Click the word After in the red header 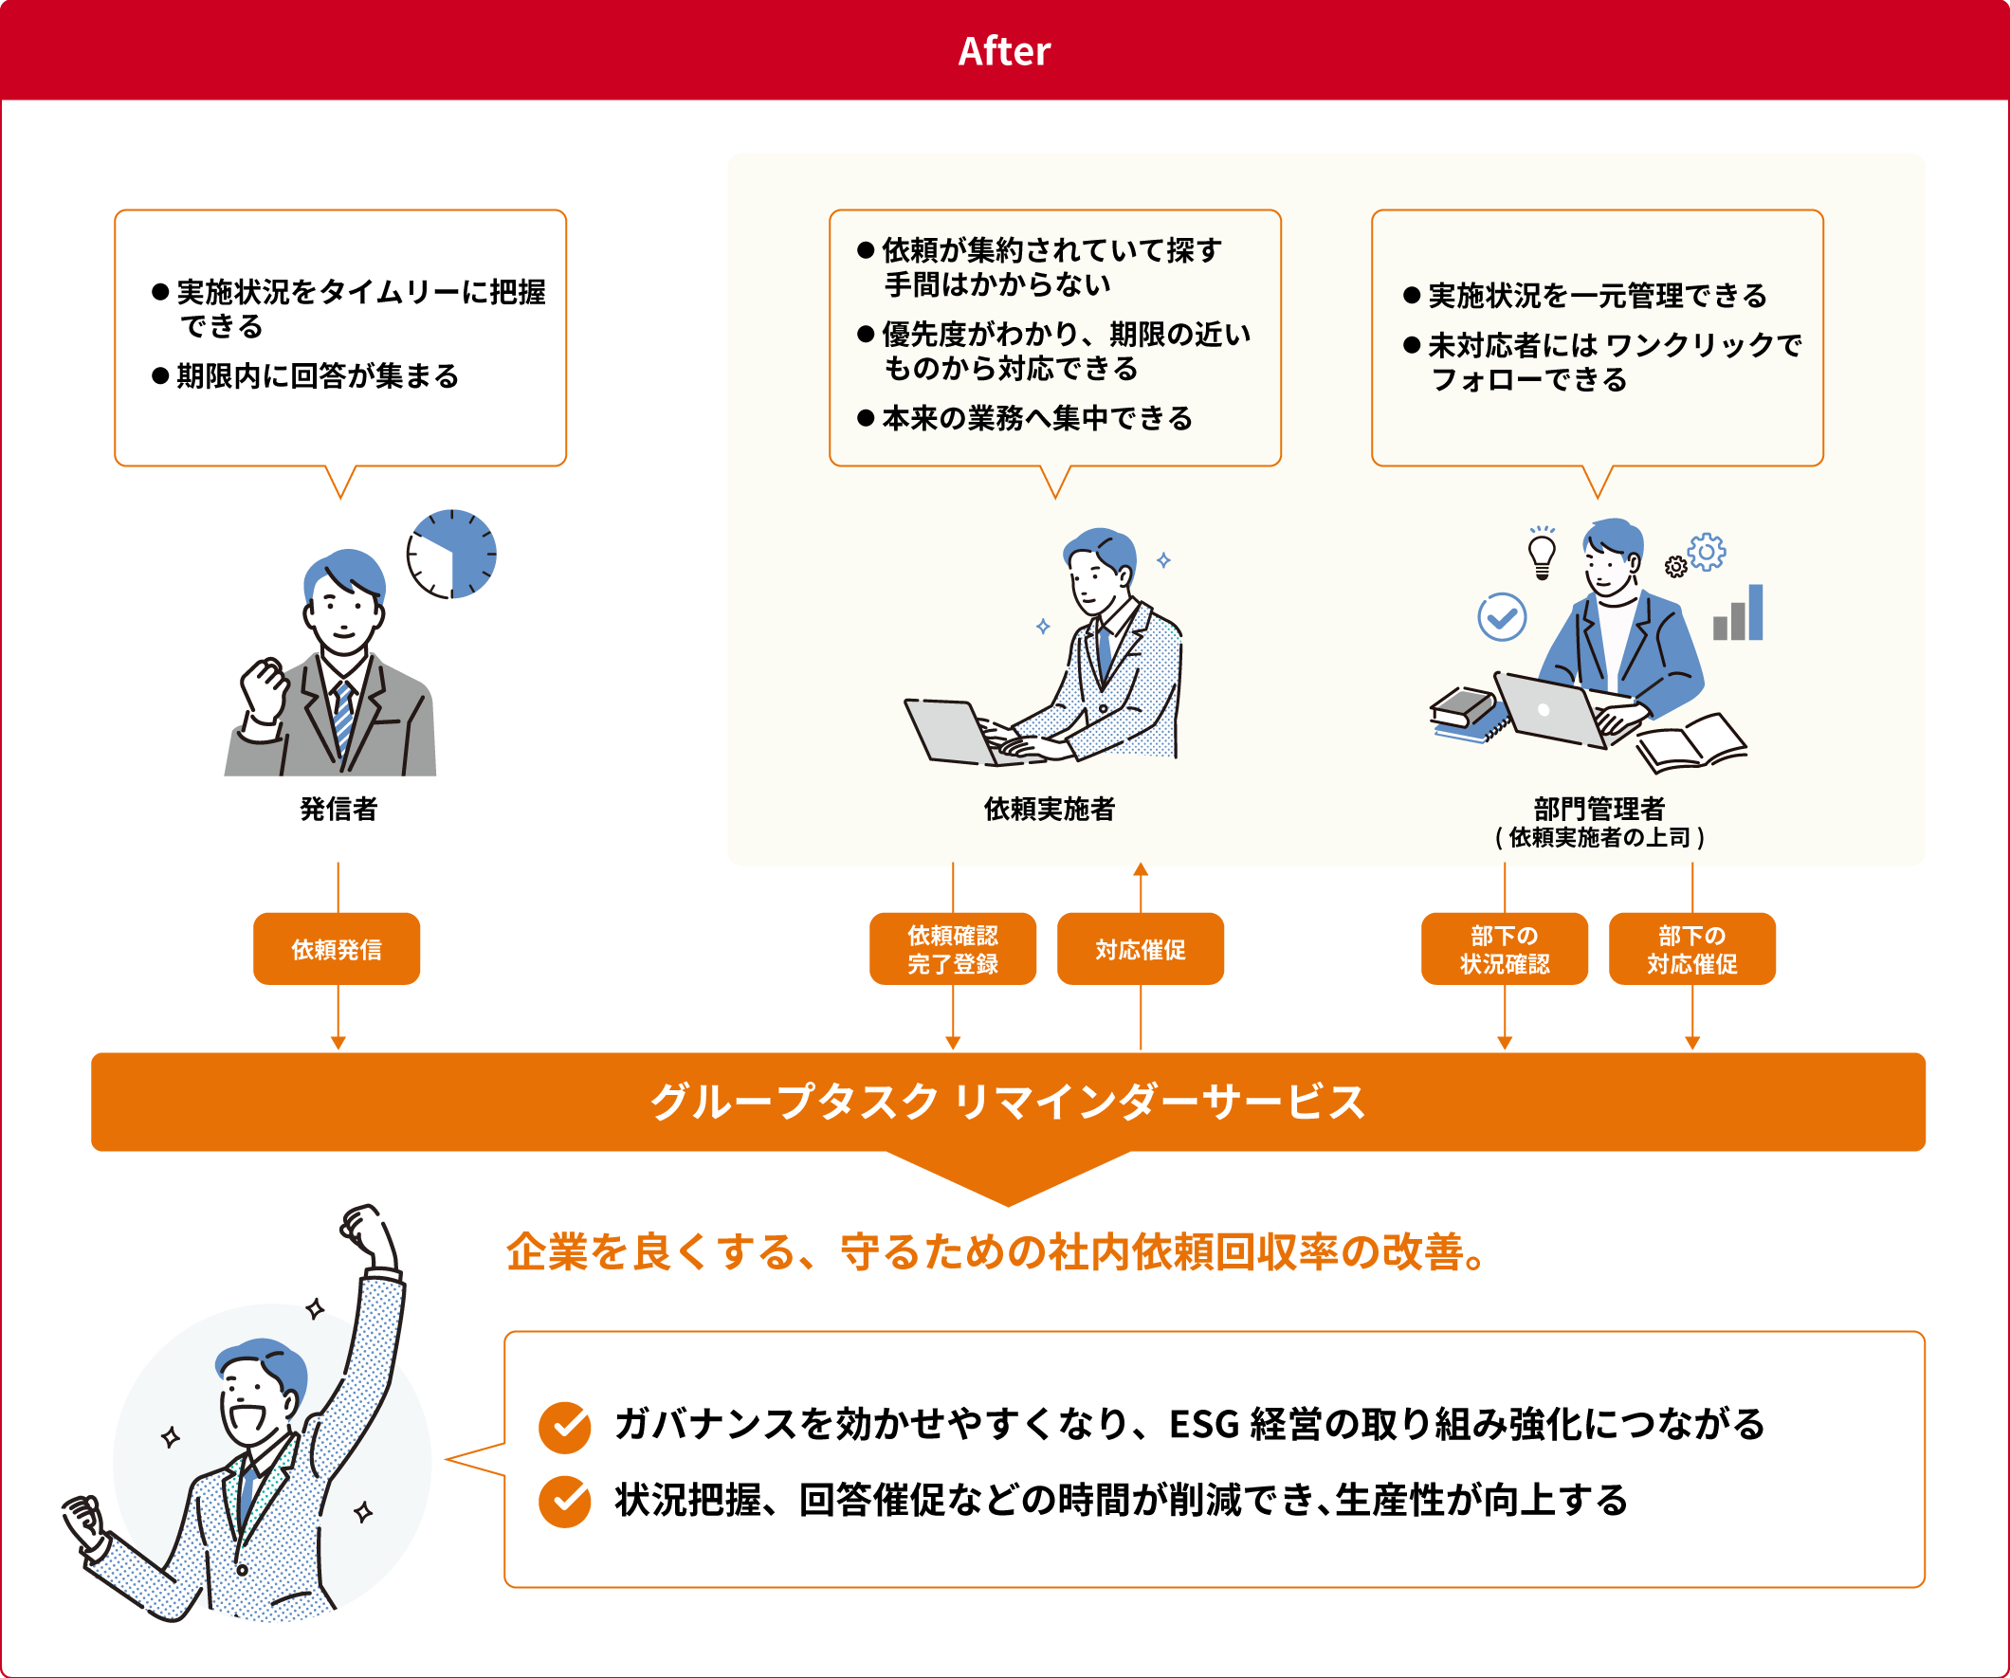tap(1004, 51)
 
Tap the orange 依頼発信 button tap(337, 949)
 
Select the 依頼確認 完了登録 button tap(952, 949)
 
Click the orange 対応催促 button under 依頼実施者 tap(1140, 949)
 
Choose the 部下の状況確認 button tap(1505, 949)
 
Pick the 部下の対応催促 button tap(1692, 949)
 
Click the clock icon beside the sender tap(451, 555)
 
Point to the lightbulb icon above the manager tap(1542, 554)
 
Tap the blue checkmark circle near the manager tap(1502, 617)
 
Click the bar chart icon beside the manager tap(1738, 612)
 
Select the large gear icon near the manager tap(1707, 553)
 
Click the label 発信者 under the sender tap(338, 809)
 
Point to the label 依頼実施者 tap(1050, 809)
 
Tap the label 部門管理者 tap(1599, 809)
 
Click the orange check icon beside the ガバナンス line tap(565, 1427)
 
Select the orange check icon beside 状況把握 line tap(565, 1502)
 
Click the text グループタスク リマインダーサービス tap(1008, 1102)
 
